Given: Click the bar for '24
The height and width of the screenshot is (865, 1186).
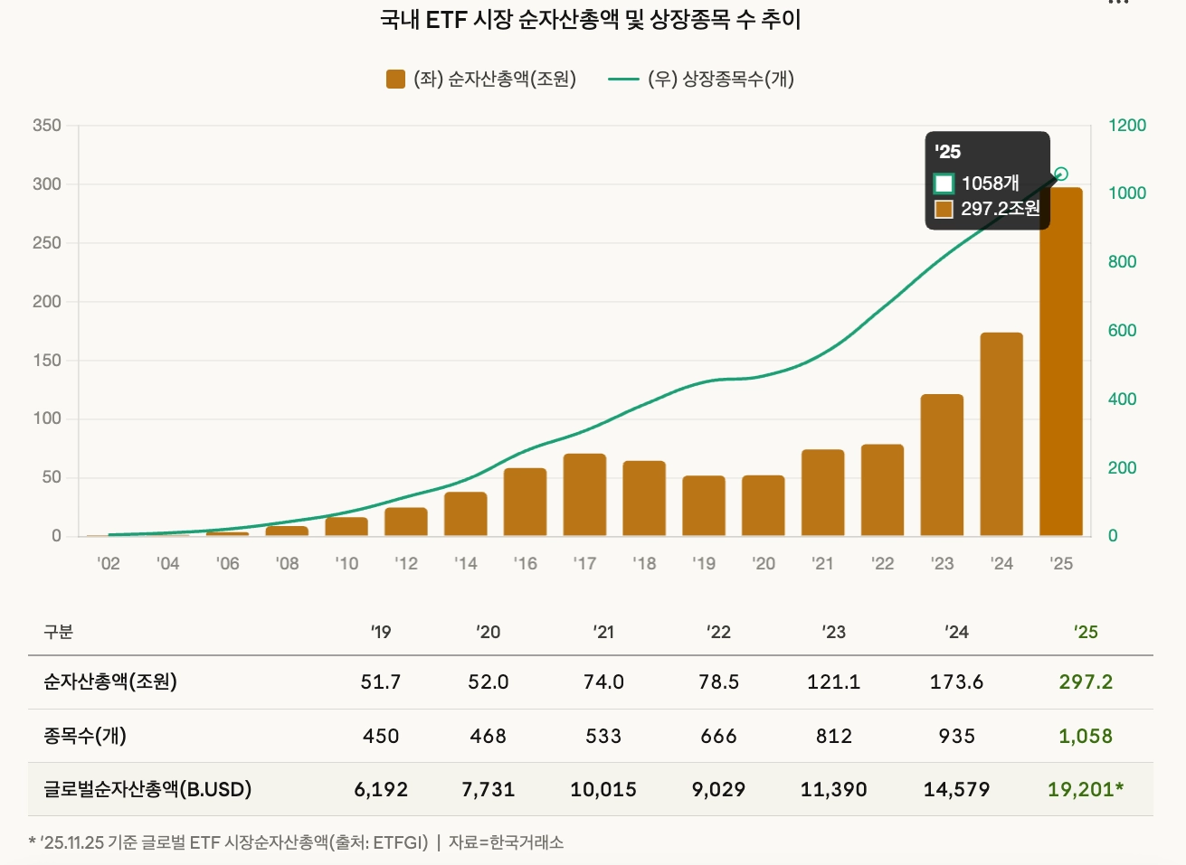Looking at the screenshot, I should click(x=1001, y=435).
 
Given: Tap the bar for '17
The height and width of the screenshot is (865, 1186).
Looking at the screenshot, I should click(x=584, y=495).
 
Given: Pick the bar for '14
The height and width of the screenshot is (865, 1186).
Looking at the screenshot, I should click(x=466, y=514).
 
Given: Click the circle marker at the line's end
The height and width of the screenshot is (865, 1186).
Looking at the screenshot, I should click(x=1061, y=174).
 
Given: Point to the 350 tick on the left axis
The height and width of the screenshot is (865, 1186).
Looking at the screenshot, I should click(x=47, y=126).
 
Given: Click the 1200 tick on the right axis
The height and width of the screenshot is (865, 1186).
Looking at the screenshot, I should click(x=1127, y=126).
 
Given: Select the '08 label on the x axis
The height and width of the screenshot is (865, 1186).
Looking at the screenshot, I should click(x=287, y=564).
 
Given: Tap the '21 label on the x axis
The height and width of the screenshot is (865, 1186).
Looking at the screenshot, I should click(x=822, y=564).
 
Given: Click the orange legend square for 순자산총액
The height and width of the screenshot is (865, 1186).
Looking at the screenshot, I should click(x=395, y=80).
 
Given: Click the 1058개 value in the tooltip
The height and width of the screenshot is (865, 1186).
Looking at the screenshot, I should click(x=990, y=183).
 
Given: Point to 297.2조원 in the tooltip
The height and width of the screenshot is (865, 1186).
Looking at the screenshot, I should click(x=1000, y=209).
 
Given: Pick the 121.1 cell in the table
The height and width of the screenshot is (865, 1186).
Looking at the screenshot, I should click(x=833, y=682).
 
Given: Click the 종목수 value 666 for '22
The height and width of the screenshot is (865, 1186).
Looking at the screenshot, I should click(x=718, y=737).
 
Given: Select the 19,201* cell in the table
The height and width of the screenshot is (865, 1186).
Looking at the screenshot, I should click(x=1086, y=790).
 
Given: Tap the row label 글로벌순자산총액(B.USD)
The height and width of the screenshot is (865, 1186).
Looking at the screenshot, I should click(x=147, y=790).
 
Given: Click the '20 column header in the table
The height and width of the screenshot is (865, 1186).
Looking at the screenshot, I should click(x=488, y=633).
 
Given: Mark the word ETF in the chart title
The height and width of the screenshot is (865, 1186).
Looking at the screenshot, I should click(x=446, y=20).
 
